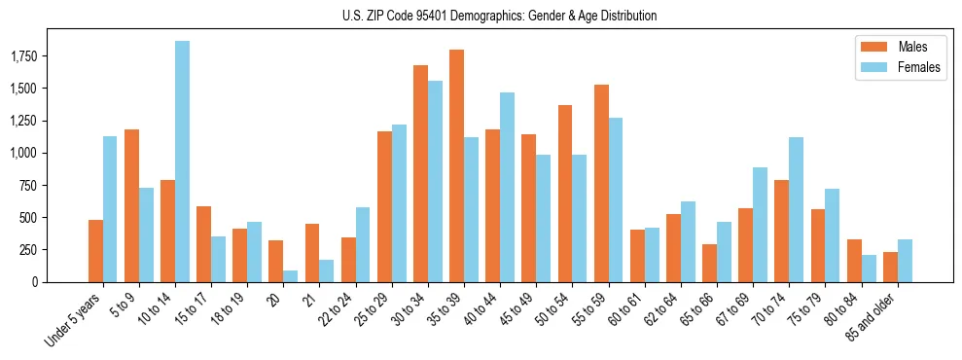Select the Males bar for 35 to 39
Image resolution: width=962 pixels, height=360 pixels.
click(456, 165)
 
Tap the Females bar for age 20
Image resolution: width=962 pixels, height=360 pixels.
click(291, 275)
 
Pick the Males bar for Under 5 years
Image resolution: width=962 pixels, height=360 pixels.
click(95, 251)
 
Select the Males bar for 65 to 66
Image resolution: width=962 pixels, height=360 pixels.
click(709, 263)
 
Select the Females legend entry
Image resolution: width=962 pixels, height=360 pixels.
click(906, 67)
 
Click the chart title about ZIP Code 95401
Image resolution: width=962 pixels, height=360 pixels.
click(500, 16)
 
